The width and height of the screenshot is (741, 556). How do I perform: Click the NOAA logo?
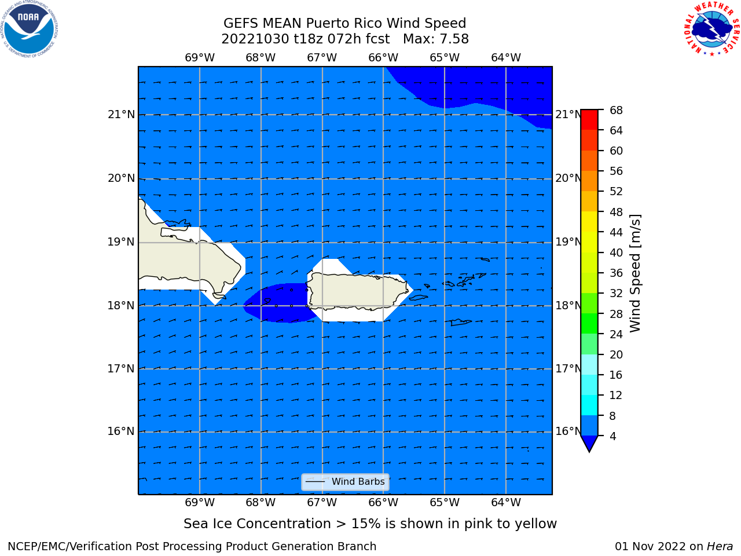[x=29, y=29]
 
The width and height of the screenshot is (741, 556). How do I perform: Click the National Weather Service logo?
[x=712, y=29]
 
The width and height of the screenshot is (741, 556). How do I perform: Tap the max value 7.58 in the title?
[x=452, y=39]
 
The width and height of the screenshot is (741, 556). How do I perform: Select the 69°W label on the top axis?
[x=200, y=57]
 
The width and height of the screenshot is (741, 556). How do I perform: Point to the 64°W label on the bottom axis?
[x=506, y=502]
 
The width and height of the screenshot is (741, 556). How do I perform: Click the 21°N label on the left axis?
[x=121, y=115]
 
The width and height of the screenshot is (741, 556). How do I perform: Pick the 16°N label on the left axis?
[x=121, y=431]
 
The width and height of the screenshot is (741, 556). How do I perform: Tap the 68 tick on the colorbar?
[x=616, y=110]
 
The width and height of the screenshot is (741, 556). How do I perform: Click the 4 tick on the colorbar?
[x=612, y=436]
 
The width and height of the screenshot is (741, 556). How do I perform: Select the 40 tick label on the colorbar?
[x=616, y=253]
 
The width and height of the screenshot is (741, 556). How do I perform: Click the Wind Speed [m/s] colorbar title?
[x=635, y=273]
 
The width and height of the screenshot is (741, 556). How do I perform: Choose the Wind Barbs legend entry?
[x=345, y=482]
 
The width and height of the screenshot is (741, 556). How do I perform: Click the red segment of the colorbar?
[x=589, y=119]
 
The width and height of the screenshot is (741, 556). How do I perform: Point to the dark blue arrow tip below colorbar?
[x=589, y=451]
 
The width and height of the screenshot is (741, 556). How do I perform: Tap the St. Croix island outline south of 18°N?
[x=461, y=322]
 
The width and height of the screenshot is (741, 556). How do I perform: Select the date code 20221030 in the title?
[x=255, y=39]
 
